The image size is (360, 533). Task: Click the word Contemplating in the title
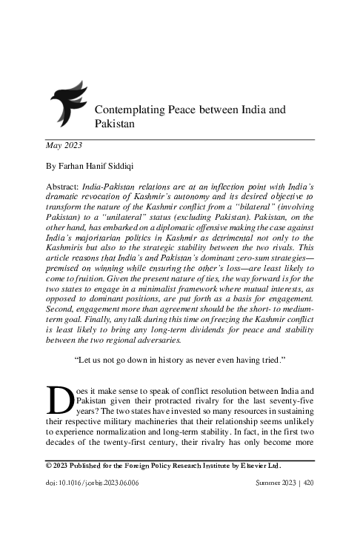(x=130, y=110)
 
